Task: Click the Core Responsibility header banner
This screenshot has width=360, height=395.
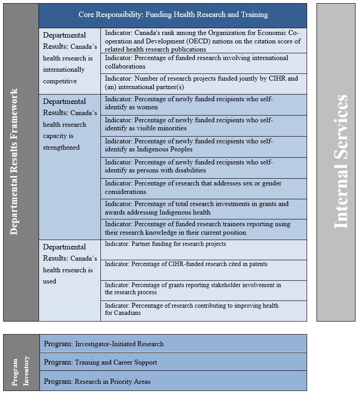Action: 173,15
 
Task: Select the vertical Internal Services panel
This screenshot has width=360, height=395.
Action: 336,162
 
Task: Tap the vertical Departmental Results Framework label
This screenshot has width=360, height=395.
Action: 15,162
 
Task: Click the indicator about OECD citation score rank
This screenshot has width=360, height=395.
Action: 204,41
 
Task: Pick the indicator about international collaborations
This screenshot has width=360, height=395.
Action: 204,62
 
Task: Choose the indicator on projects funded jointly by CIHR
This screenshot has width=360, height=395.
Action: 204,83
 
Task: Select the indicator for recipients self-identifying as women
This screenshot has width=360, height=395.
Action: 204,103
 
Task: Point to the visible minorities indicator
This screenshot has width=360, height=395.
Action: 204,125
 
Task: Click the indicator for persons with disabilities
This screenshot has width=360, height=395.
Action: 204,167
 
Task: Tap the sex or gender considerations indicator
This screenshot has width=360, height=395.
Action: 204,188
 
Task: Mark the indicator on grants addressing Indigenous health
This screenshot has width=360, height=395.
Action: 204,208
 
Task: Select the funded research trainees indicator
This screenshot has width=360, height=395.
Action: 204,228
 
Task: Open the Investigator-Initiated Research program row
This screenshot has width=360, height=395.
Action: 173,344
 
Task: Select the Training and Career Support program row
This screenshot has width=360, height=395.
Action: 173,362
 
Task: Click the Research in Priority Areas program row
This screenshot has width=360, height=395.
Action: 173,382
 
